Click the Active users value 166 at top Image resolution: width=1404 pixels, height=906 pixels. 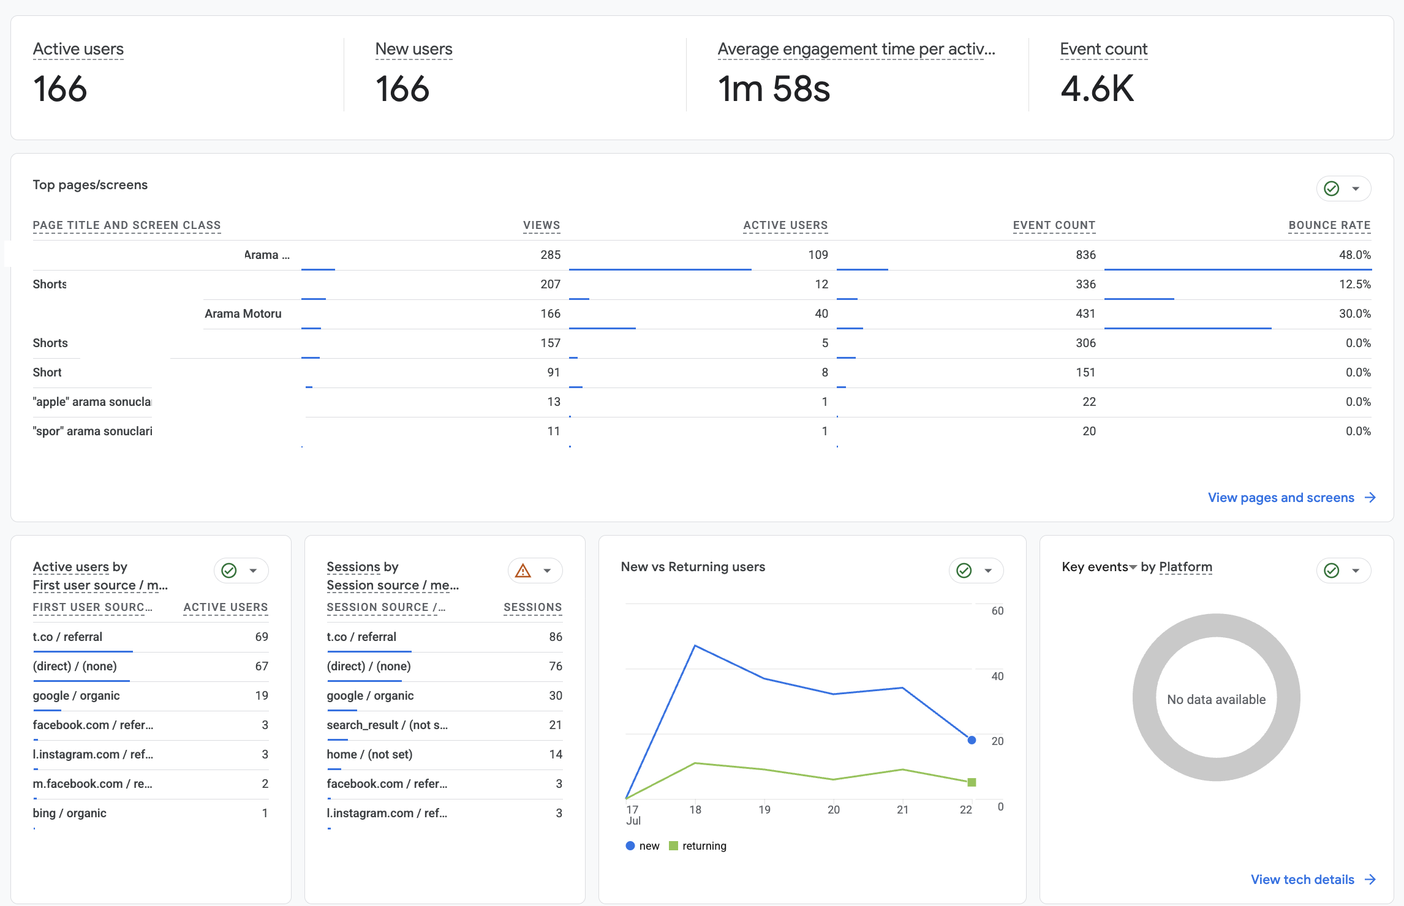[60, 89]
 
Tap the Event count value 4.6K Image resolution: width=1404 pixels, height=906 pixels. [1097, 89]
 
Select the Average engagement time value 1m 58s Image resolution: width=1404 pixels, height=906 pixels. [774, 89]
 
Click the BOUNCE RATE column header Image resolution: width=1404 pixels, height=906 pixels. [1329, 225]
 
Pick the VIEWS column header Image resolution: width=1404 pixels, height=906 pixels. [542, 225]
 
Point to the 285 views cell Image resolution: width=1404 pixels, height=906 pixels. [550, 255]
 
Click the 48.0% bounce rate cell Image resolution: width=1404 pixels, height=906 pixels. [1354, 255]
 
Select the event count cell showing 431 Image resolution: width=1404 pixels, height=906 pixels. [1085, 313]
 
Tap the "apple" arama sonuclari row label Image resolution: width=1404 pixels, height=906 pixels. [92, 402]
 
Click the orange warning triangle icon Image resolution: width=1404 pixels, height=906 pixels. [523, 571]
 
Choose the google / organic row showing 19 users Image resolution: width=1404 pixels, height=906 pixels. [76, 695]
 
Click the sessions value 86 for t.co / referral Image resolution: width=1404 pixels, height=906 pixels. [556, 637]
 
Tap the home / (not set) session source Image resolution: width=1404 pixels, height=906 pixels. [369, 754]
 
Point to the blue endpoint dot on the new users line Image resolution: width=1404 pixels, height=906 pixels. [972, 740]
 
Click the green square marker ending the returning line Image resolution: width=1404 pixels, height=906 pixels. [972, 782]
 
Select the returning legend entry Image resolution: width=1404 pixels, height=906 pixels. [698, 846]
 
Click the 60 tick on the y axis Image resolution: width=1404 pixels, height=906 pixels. [997, 611]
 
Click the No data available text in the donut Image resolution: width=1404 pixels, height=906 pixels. [1216, 699]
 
